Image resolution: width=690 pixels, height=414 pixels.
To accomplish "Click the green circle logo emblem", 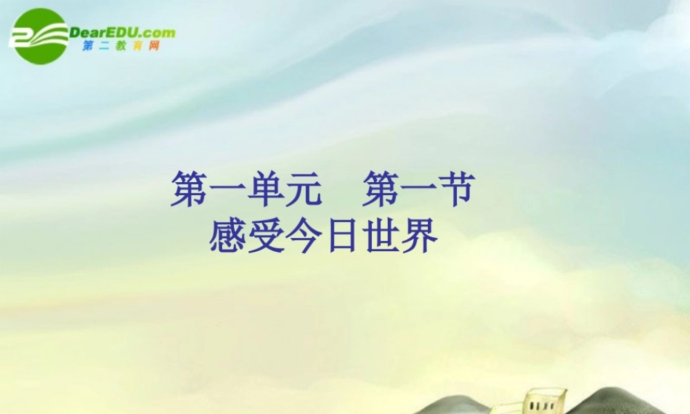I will (41, 35).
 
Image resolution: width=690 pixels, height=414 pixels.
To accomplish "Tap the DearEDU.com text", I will (122, 32).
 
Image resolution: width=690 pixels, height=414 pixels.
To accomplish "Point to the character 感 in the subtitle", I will (229, 237).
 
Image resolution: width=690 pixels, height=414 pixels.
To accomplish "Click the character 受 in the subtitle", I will (267, 237).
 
